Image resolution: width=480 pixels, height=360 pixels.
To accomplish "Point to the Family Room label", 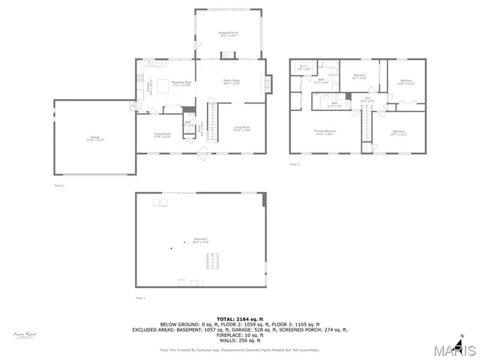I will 232,82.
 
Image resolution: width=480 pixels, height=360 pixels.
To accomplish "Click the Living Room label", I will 241,128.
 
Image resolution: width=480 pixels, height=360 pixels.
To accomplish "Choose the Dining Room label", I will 162,135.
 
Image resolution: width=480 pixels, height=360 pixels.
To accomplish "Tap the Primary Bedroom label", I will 325,132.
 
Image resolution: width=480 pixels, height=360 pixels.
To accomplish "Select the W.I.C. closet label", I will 304,68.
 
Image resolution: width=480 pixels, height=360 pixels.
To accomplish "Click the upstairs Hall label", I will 368,99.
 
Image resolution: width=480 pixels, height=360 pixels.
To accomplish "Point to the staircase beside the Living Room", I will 212,121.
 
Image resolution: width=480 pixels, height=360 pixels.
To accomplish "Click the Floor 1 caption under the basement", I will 140,298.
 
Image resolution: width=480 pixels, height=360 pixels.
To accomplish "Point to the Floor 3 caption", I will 295,163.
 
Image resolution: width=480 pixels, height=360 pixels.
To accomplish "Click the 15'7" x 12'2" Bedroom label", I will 399,133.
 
